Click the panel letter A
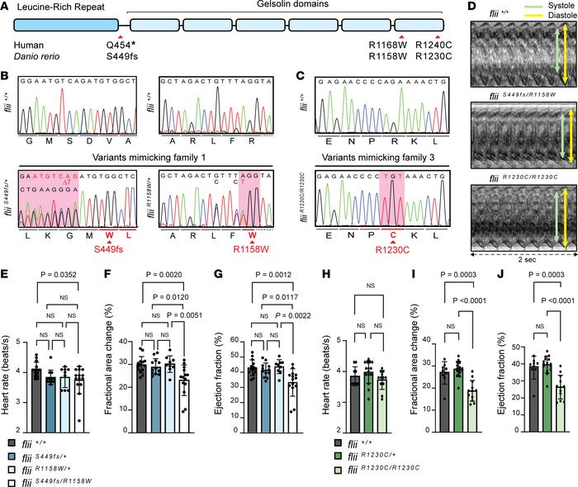pos(6,7)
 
